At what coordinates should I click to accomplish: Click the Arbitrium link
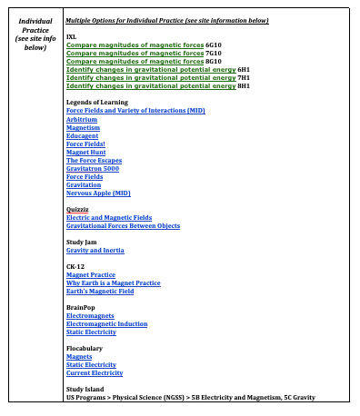tap(82, 119)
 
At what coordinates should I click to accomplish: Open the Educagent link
tap(83, 135)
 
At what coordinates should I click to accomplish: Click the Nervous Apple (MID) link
tap(98, 193)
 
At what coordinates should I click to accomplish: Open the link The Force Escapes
tap(94, 160)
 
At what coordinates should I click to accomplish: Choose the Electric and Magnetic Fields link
tap(109, 218)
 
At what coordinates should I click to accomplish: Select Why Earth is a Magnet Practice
tap(114, 283)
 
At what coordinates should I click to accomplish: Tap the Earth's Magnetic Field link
tap(100, 292)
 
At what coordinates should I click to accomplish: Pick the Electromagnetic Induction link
tap(106, 324)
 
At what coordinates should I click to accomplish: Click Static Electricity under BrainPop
tap(91, 332)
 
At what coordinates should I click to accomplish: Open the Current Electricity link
tap(95, 373)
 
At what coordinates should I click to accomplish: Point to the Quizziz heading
tap(77, 209)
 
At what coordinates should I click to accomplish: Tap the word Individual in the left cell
tap(35, 19)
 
